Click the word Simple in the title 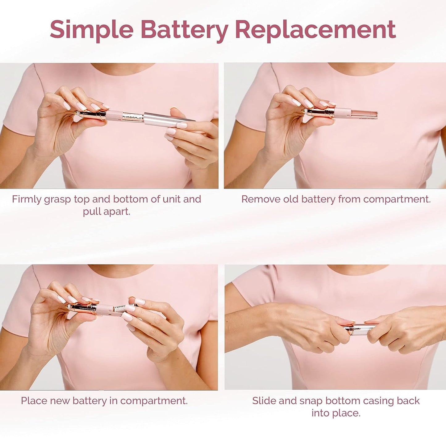(92, 30)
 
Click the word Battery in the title (184, 30)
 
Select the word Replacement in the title (315, 30)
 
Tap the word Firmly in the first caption (27, 199)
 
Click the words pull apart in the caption (106, 212)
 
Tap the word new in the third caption (60, 401)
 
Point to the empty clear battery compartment (364, 113)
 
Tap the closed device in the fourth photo (360, 329)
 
